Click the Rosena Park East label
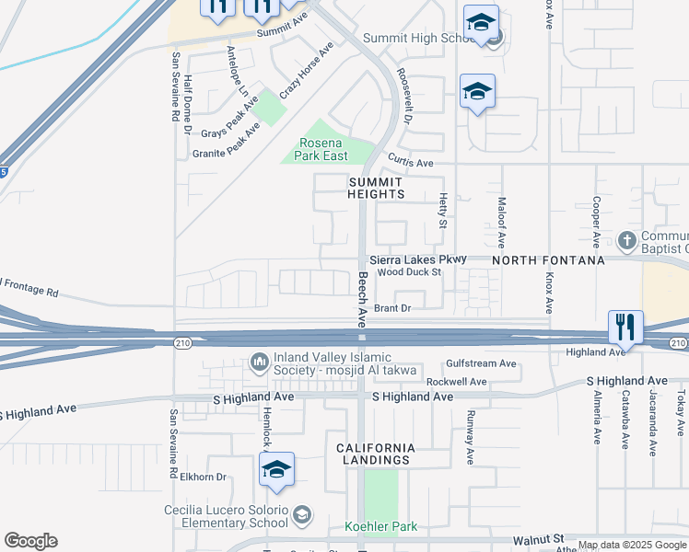point(321,149)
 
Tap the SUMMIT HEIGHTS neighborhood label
point(376,189)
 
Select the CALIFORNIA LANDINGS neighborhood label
point(373,454)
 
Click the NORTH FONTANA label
point(547,260)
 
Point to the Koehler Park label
point(380,527)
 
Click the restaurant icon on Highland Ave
point(625,327)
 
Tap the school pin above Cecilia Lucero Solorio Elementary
point(276,469)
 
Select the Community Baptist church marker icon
point(626,240)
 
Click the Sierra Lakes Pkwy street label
point(418,260)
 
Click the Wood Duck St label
point(410,272)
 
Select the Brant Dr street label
point(391,309)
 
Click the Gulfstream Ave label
point(481,363)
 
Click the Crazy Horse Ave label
point(307,70)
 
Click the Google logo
point(30,541)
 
